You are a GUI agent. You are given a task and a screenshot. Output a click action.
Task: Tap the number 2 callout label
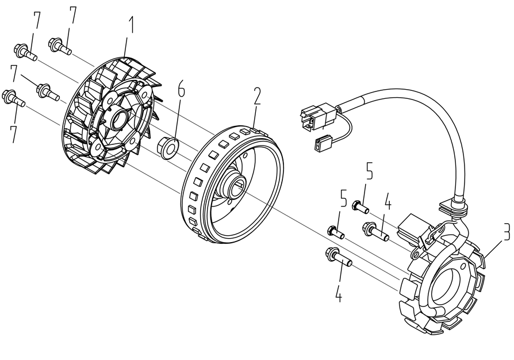tap(257, 97)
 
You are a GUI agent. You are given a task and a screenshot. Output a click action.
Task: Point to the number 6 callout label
tap(182, 90)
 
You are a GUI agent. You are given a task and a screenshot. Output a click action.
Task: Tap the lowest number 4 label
tap(339, 294)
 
